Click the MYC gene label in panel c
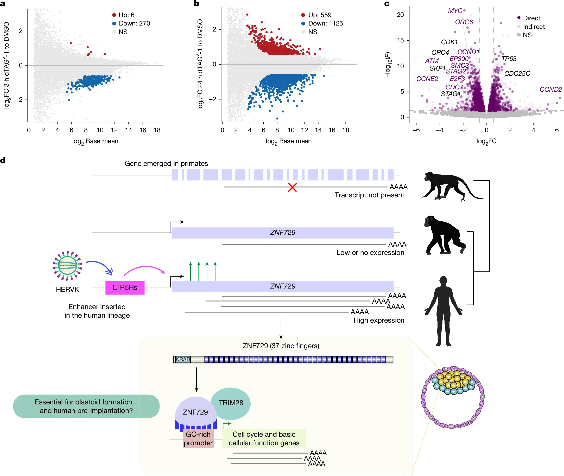(455, 11)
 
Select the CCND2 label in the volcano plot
(550, 89)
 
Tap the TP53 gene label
(509, 59)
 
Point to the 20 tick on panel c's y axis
(400, 15)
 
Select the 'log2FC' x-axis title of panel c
(486, 141)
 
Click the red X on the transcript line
(292, 187)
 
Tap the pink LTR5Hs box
(125, 287)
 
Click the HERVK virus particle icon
(67, 266)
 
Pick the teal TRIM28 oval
(231, 403)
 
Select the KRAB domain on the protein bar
(183, 359)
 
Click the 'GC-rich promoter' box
(198, 438)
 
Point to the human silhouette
(443, 310)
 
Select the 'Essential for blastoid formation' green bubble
(86, 406)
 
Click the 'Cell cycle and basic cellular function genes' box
(264, 438)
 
